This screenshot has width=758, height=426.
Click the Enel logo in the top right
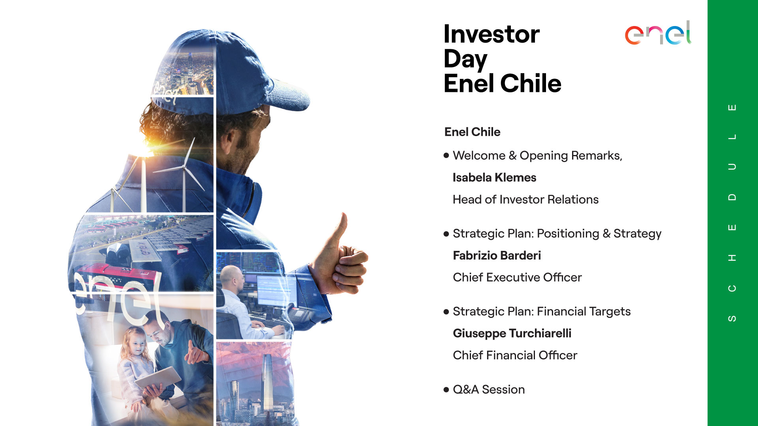658,33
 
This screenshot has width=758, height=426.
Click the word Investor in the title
492,34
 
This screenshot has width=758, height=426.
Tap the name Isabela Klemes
494,177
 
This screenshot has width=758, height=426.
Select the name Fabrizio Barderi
497,256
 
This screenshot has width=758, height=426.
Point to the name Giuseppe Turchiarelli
512,334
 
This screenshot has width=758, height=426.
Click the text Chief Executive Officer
517,277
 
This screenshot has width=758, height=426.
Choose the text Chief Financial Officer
515,355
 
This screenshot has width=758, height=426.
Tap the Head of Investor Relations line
525,200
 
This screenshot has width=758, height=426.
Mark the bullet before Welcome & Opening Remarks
447,155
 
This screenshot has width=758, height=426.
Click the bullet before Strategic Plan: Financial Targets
447,312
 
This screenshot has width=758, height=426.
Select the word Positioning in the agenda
568,234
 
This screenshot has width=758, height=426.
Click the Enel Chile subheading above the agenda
472,132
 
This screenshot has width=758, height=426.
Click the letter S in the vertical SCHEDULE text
732,318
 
